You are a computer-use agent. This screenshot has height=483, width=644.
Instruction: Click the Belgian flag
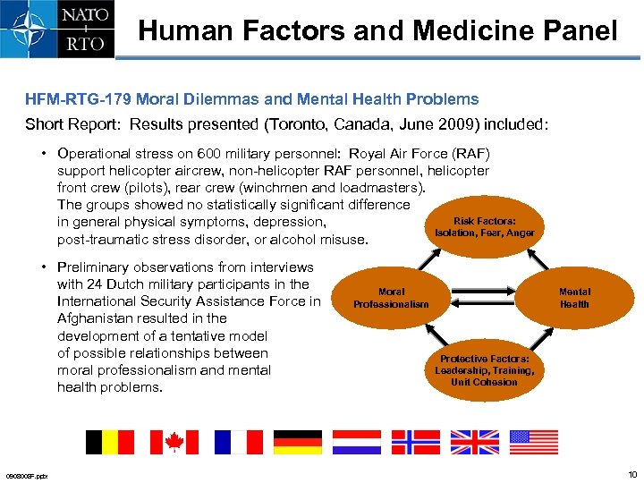(x=109, y=442)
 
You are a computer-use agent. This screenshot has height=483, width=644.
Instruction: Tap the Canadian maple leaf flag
(x=174, y=442)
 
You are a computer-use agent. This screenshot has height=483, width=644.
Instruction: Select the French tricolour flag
(x=239, y=442)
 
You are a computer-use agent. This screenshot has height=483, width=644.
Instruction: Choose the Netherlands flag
(x=357, y=442)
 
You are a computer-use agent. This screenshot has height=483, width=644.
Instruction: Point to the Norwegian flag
(x=416, y=442)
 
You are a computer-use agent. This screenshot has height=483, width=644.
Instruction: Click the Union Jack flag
(x=475, y=442)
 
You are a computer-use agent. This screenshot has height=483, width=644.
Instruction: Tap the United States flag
(x=534, y=442)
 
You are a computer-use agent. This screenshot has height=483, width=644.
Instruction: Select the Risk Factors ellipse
(x=484, y=227)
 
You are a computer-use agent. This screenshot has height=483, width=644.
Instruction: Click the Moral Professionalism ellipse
(x=391, y=298)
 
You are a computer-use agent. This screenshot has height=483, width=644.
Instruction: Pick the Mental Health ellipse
(x=574, y=298)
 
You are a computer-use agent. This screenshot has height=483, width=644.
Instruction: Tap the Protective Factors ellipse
(x=484, y=369)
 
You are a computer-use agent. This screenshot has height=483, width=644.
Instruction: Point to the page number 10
(x=632, y=474)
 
